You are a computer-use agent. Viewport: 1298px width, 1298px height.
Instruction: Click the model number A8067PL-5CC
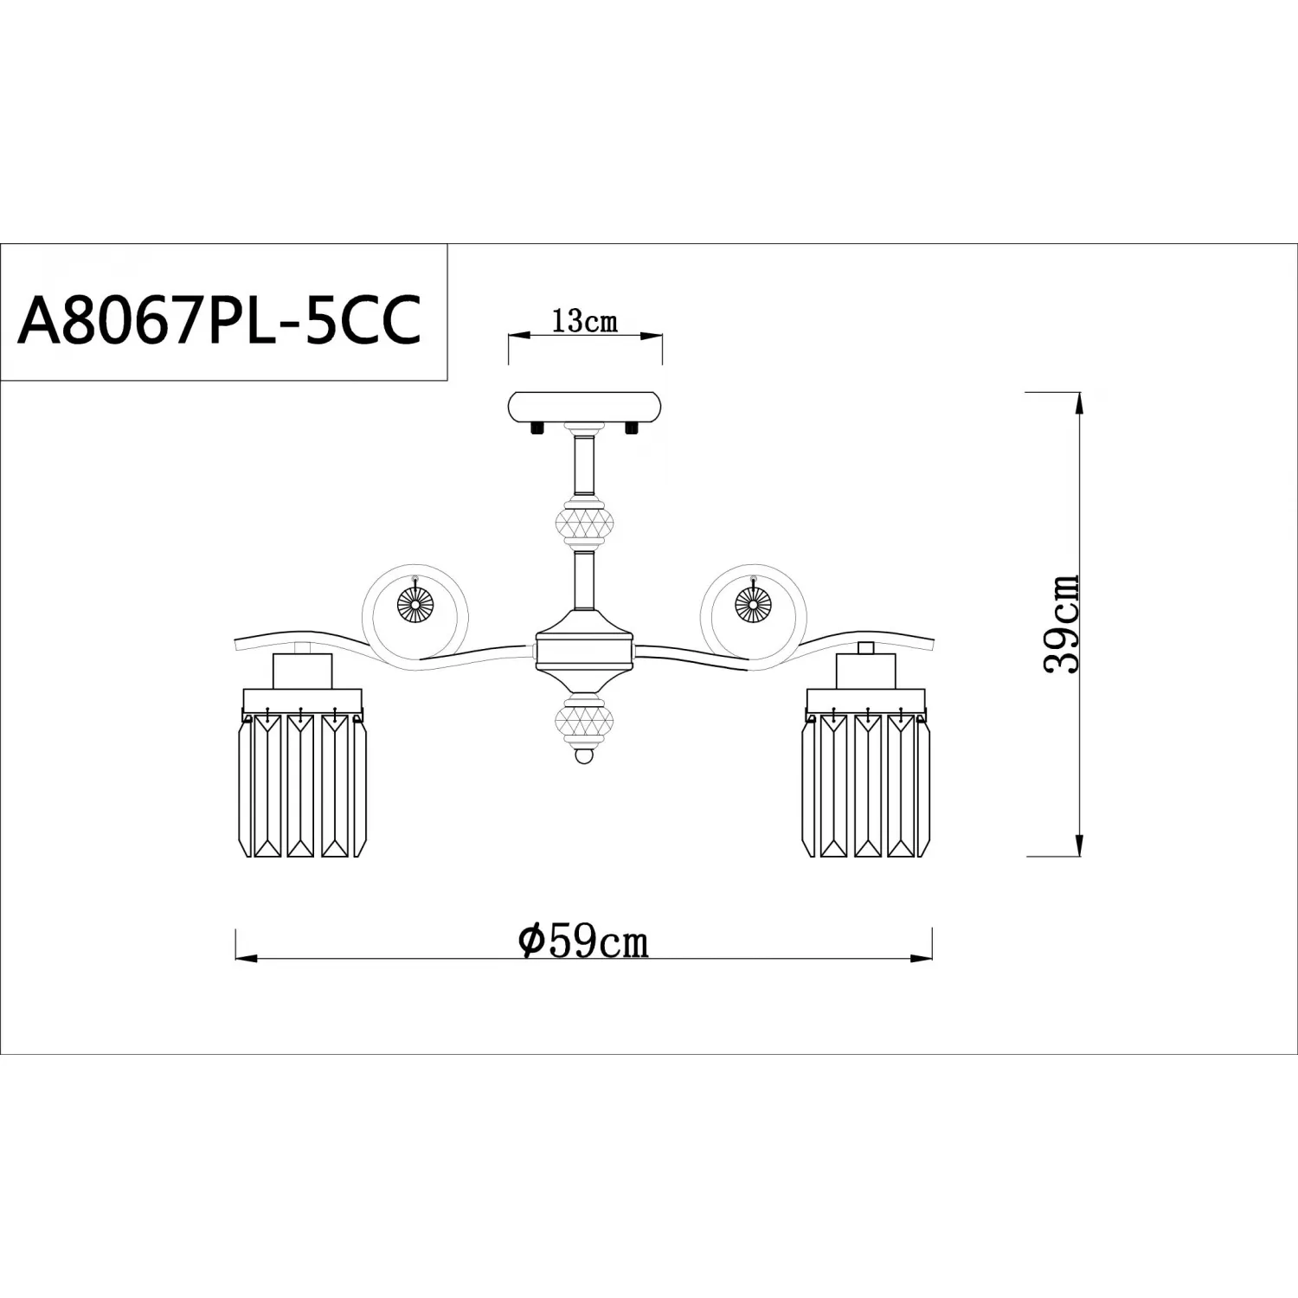(x=220, y=318)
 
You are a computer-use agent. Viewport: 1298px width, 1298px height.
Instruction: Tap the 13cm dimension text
(x=585, y=322)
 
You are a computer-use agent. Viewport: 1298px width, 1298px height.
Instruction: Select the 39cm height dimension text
(x=1062, y=623)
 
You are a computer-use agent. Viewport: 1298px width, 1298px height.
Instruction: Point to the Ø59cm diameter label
(x=583, y=941)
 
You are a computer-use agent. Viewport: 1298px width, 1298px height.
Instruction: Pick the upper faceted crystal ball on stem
(x=585, y=523)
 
